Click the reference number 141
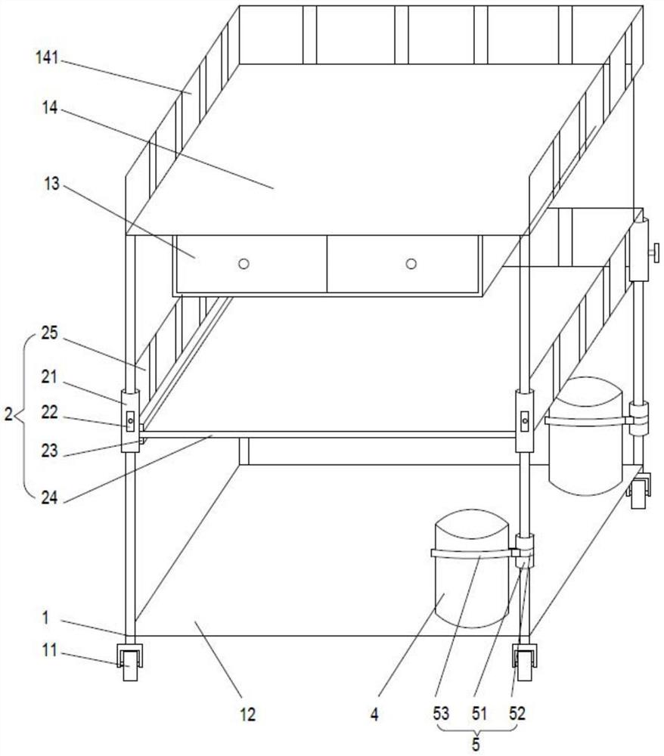[x=47, y=58]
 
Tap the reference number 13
[x=51, y=183]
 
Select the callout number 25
[x=49, y=333]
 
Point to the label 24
[x=49, y=497]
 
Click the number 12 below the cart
[x=247, y=714]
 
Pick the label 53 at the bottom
[x=441, y=714]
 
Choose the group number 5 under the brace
[x=476, y=744]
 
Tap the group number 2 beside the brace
[x=8, y=414]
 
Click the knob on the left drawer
[x=244, y=264]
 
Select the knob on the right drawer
[x=411, y=264]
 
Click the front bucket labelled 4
[x=472, y=568]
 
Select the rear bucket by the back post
[x=586, y=436]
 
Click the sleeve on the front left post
[x=130, y=421]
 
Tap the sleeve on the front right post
[x=525, y=421]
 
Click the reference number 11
[x=49, y=650]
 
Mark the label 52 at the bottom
[x=517, y=714]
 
